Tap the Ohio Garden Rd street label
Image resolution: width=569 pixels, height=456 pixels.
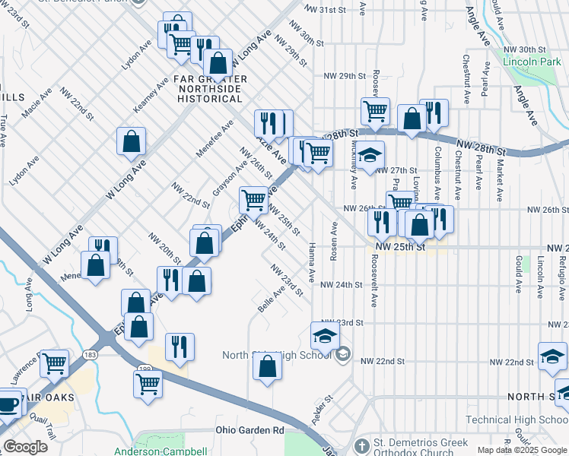pos(247,431)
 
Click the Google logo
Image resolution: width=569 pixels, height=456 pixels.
pos(25,447)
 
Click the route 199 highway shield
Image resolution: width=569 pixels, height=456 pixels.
pos(144,369)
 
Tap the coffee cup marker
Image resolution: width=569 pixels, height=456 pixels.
pos(7,403)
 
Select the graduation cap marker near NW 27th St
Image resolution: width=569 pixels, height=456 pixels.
pos(370,155)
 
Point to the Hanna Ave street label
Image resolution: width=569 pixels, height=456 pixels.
pos(312,261)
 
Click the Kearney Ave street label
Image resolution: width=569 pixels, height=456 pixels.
pos(151,95)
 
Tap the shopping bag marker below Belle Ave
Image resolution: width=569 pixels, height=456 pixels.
pos(268,366)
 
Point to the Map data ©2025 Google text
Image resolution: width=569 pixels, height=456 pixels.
pos(521,450)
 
